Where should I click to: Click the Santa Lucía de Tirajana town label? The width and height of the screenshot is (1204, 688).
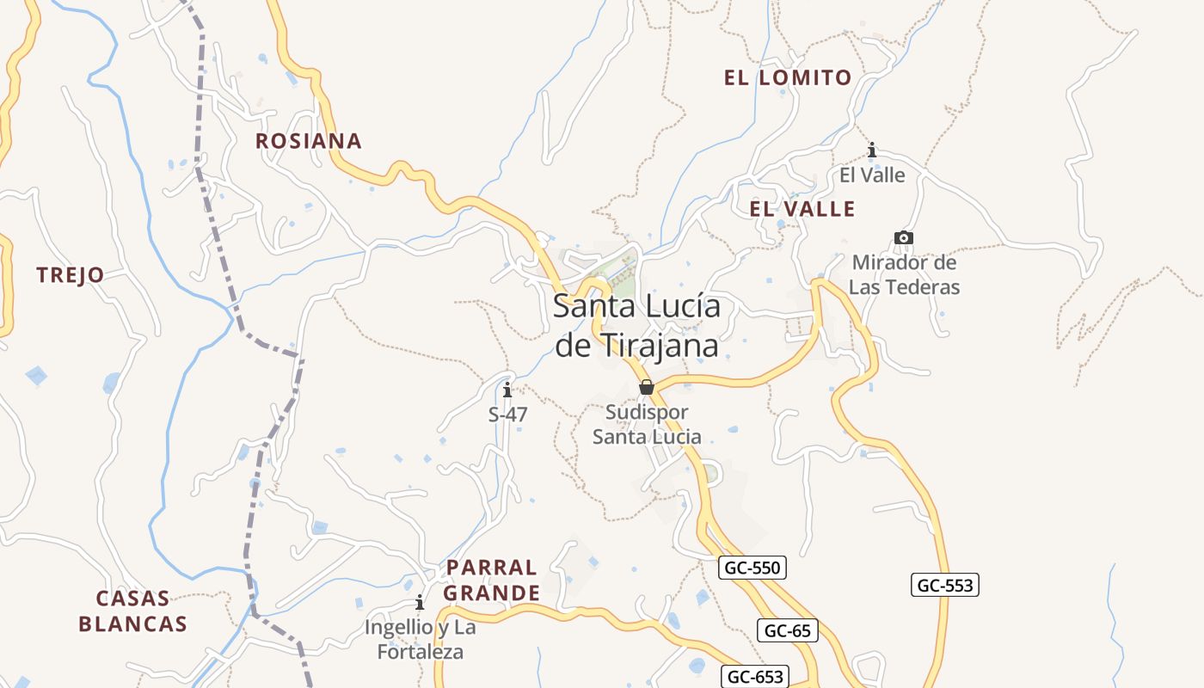(636, 326)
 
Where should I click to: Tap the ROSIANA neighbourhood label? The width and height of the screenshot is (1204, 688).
(309, 141)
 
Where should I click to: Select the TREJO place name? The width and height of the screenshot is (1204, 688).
(71, 275)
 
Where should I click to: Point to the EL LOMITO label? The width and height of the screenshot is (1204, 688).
(788, 78)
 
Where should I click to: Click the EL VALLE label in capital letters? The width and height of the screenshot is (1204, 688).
(802, 209)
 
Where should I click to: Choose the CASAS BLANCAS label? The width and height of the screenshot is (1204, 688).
(132, 611)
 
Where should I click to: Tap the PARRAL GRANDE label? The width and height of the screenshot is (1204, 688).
(492, 580)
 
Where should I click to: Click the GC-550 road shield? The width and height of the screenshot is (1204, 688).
(752, 568)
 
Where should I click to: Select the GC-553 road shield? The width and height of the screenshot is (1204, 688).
(945, 586)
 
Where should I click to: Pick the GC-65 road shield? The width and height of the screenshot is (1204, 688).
(788, 630)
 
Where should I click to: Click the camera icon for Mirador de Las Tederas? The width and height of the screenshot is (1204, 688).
(903, 237)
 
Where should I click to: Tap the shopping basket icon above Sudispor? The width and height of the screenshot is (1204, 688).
(647, 388)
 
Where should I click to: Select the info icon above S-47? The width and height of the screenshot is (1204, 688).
(507, 390)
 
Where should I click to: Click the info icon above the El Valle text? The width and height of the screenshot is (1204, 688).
(872, 150)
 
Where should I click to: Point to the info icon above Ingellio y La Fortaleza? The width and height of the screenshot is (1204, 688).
(420, 602)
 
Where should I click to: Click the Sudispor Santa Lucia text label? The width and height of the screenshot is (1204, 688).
(647, 424)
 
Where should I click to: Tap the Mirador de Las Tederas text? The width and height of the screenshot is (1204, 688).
(904, 274)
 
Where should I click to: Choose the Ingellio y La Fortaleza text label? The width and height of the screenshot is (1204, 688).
(420, 639)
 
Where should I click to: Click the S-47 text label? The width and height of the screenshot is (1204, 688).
(507, 415)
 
